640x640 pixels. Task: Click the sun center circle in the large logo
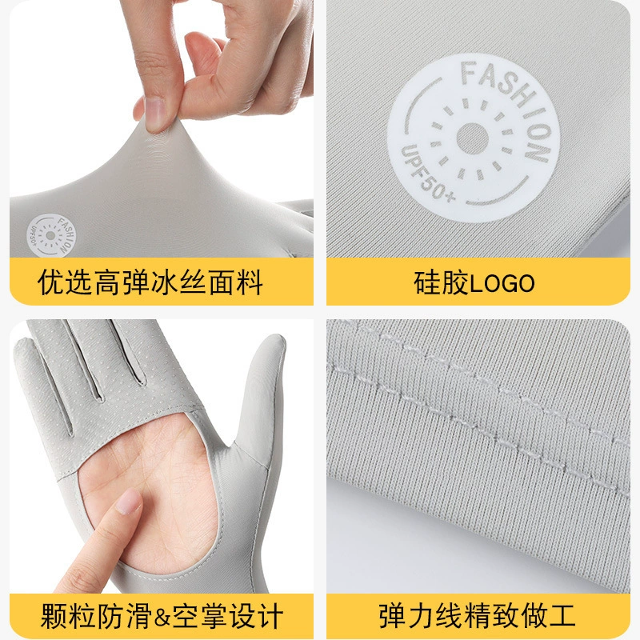(472, 138)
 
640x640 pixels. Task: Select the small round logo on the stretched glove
(51, 235)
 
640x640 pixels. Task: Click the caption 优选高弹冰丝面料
(150, 282)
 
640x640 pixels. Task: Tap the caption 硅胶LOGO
(474, 282)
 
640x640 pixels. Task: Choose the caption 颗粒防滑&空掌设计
(162, 616)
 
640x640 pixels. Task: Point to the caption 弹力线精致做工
(477, 616)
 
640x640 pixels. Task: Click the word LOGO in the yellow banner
(502, 283)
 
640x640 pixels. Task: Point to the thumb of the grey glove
(262, 400)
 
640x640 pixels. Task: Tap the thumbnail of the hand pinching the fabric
(155, 114)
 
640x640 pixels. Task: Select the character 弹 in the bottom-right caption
(392, 616)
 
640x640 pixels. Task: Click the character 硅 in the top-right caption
(427, 282)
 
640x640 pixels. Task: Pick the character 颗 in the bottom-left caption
(54, 616)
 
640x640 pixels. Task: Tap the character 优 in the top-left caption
(51, 282)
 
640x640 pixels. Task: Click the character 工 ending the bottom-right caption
(562, 616)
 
